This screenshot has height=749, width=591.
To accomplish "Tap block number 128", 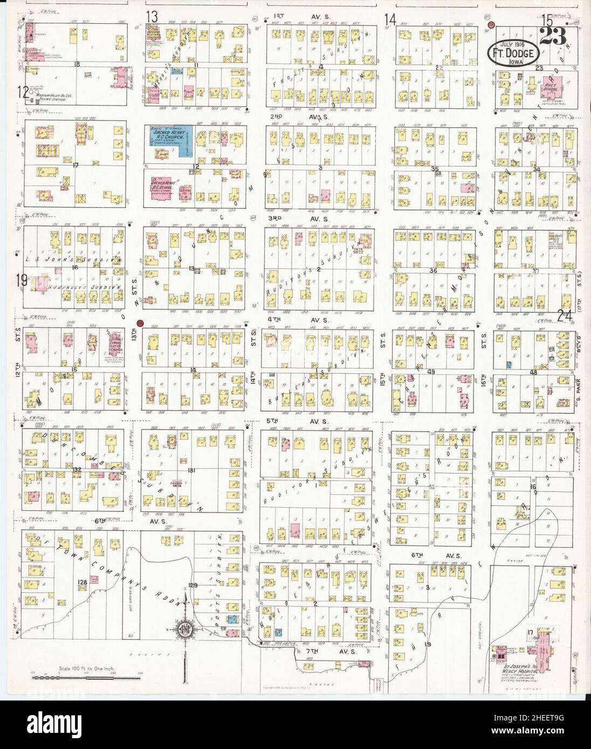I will click(x=83, y=582).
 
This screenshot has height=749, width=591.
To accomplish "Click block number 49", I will click(x=431, y=372).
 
